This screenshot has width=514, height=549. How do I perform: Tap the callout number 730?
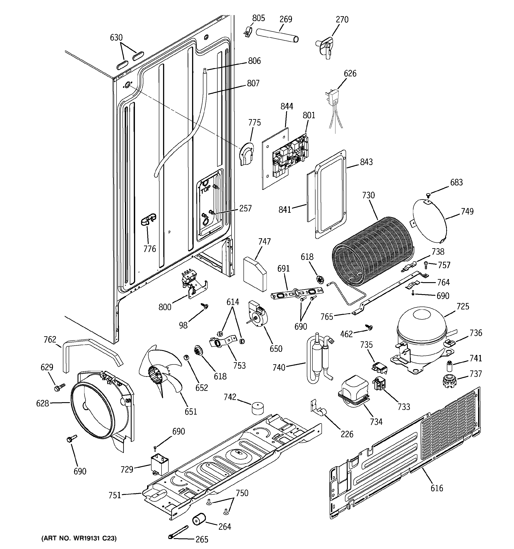(x=368, y=195)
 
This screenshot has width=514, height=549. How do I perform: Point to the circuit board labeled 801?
(x=290, y=156)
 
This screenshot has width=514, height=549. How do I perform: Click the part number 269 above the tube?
(x=286, y=19)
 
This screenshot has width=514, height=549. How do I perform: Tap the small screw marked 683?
(x=428, y=195)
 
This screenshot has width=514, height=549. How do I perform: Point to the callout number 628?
(x=42, y=403)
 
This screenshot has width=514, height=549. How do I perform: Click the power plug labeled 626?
(x=334, y=97)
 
